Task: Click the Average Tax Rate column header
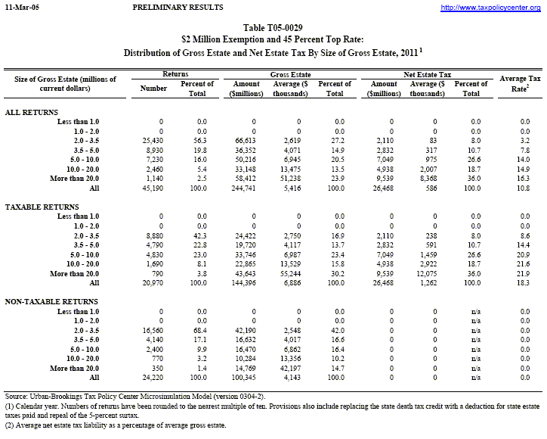(517, 83)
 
